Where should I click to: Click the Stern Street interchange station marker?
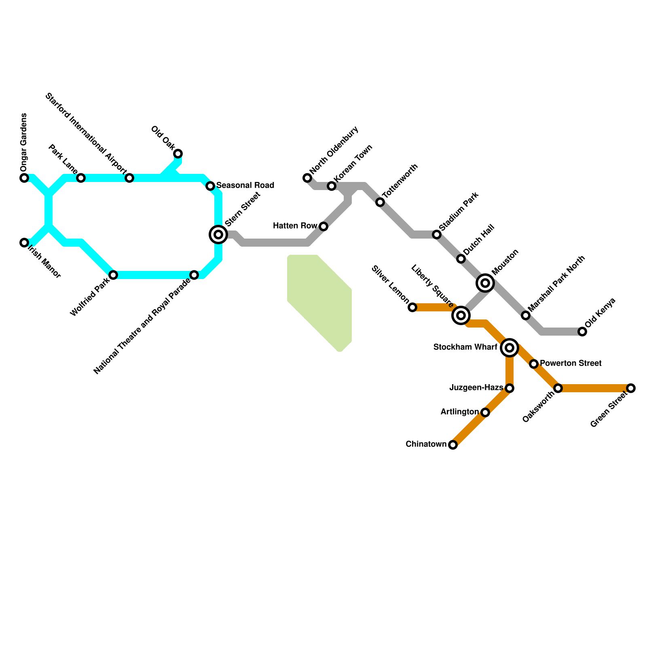218,235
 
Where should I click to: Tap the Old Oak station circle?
178,154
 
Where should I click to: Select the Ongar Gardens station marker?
24,178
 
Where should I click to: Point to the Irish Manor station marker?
24,243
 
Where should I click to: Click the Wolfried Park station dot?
113,275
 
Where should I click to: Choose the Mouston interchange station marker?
485,283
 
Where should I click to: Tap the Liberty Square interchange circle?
461,315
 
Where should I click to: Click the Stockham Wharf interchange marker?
510,348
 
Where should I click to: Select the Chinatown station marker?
453,445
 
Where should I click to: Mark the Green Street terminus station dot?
631,388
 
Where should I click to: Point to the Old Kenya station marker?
582,332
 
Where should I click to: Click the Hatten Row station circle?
323,226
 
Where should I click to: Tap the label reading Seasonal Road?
245,186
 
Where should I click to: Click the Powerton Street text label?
571,364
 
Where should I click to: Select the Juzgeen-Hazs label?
476,388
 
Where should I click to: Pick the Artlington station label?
459,412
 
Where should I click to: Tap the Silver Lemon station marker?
412,307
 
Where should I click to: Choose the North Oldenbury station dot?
307,178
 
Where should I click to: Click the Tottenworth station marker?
380,202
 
